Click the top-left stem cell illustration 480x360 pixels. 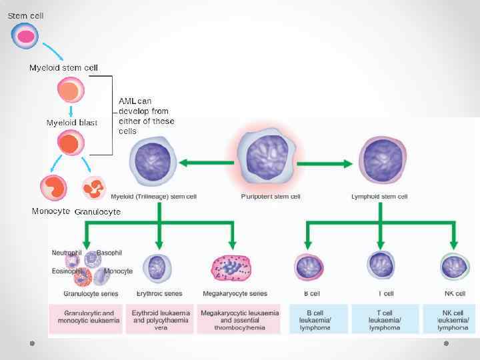coord(25,36)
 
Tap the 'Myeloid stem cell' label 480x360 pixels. coord(63,68)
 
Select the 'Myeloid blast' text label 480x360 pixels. coord(71,123)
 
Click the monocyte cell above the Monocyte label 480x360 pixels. coord(53,188)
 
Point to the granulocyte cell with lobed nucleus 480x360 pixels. coord(94,188)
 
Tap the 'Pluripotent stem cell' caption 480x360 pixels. coord(270,197)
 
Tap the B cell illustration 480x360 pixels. coord(309,267)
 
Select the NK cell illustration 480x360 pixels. coord(454,267)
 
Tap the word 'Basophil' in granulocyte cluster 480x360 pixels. coord(109,253)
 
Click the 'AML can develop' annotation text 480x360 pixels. coord(146,116)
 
